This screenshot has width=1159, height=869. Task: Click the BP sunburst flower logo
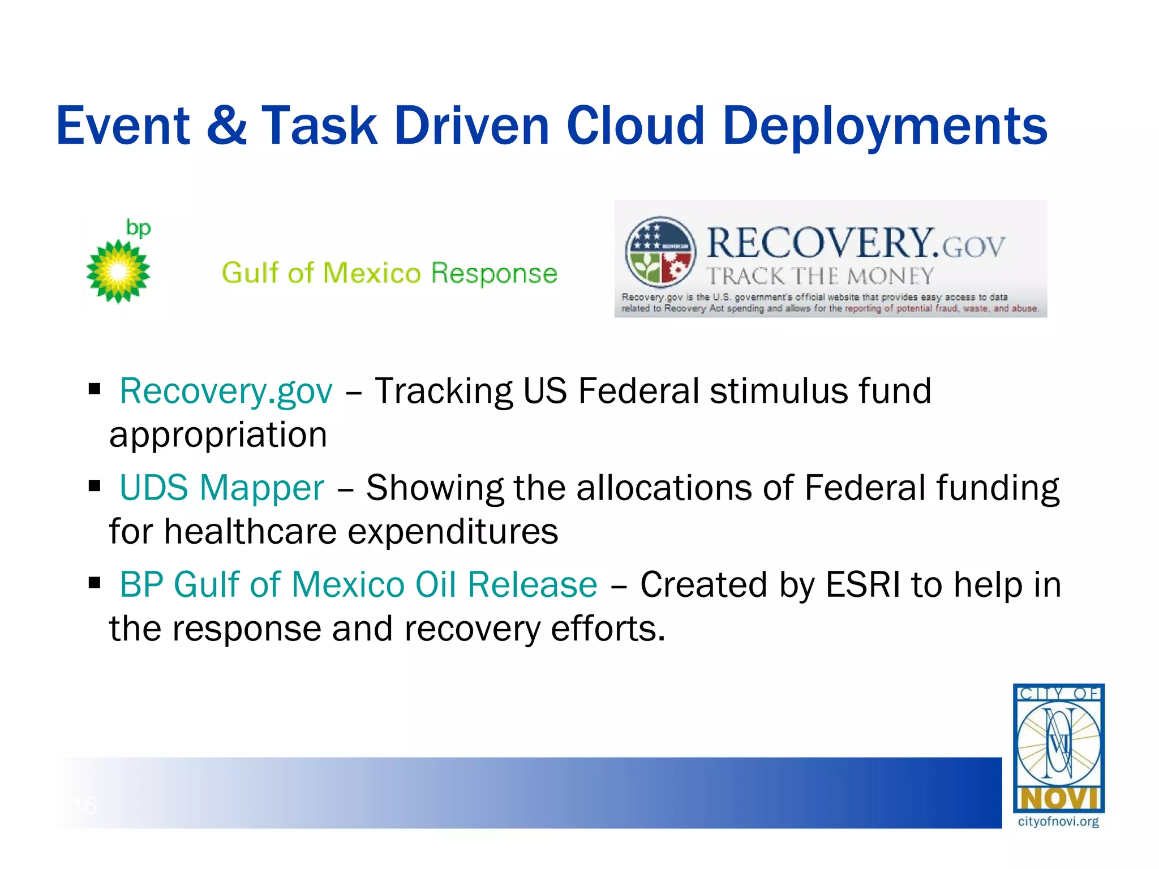[118, 272]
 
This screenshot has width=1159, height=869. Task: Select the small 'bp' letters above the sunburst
[138, 227]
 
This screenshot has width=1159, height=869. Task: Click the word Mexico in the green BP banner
[372, 273]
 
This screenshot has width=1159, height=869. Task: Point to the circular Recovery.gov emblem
[660, 252]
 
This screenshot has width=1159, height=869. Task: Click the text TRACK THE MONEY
[819, 276]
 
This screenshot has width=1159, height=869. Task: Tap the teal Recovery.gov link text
[226, 392]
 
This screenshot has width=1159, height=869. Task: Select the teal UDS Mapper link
[222, 488]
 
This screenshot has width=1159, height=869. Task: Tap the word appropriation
[218, 435]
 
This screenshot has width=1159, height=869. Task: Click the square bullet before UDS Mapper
[95, 485]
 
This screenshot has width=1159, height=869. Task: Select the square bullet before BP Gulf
[95, 582]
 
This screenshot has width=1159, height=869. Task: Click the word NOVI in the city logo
[1058, 799]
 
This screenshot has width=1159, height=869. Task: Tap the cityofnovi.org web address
[1058, 822]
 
